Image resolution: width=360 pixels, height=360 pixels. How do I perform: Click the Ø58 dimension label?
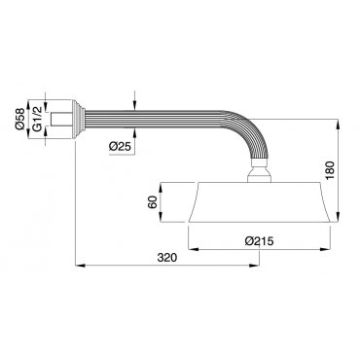point(20,119)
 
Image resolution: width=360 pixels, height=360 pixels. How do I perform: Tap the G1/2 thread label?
point(37,119)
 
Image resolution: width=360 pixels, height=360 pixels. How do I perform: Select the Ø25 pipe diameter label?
point(120,147)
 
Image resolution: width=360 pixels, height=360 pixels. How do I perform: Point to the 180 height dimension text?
point(330,170)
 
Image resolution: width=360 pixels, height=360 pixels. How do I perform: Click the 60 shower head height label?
point(154,202)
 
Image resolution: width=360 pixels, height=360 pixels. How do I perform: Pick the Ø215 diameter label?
point(260,241)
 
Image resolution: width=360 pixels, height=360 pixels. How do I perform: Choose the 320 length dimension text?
point(167,258)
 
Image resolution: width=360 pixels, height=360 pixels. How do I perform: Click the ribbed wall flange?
point(78,119)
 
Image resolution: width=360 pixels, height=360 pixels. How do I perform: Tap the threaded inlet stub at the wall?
point(61,119)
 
